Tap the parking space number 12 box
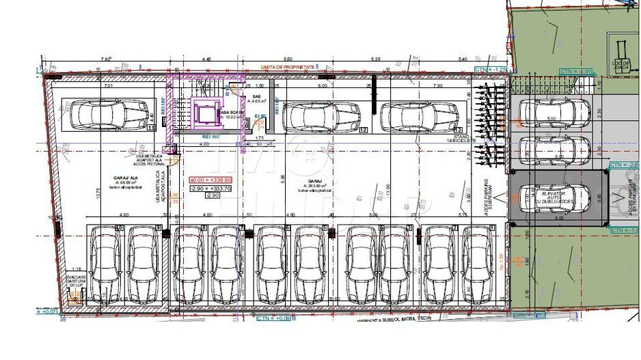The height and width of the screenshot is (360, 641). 362,129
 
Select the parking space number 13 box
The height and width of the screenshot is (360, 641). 457,129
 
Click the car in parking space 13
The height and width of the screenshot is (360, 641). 419,116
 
